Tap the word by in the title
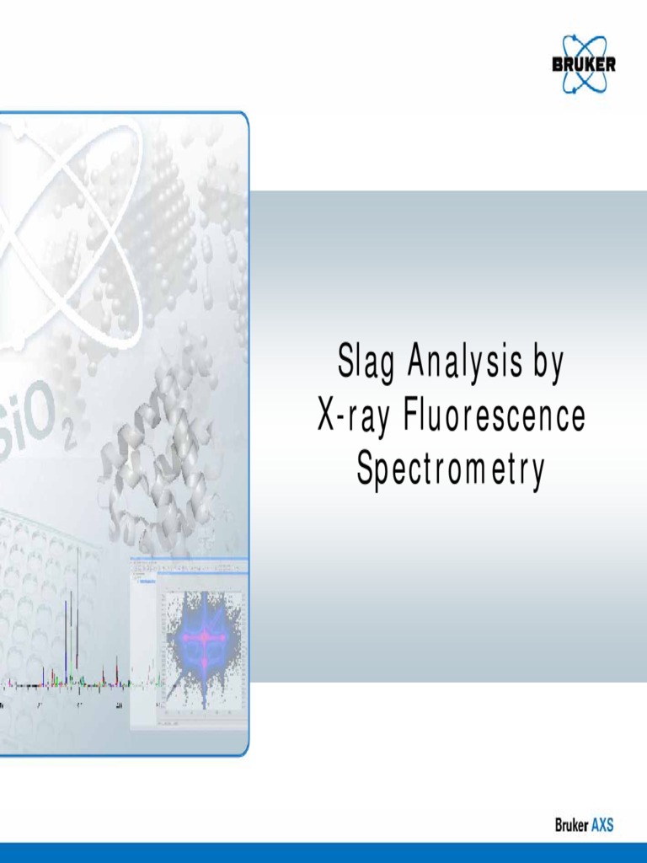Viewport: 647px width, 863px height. (548, 365)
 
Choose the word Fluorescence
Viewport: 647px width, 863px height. (495, 416)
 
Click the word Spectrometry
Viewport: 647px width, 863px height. (451, 469)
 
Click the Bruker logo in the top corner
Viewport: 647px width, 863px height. (583, 63)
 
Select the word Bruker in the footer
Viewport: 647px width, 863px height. (571, 825)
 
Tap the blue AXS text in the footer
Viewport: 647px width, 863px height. (602, 825)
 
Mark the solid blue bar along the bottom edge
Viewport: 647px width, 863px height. (323, 852)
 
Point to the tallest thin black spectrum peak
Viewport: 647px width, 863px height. (78, 607)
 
